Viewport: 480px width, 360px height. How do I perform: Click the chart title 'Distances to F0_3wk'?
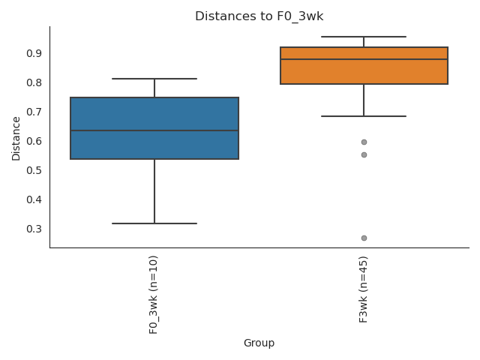coord(259,16)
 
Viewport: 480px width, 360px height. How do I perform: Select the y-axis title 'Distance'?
coord(16,137)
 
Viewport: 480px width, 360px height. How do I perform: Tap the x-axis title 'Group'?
coord(259,343)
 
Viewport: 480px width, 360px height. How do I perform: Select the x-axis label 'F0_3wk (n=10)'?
coord(154,294)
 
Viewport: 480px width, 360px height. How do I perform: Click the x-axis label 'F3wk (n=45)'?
coord(364,289)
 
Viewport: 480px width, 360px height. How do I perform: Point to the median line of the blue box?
coord(154,130)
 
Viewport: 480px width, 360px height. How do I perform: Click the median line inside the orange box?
coord(364,59)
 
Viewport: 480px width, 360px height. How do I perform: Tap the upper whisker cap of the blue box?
coord(154,79)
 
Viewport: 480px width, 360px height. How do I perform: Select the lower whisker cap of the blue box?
coord(154,223)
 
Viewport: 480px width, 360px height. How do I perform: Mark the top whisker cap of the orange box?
coord(364,37)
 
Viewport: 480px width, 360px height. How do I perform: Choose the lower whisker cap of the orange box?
coord(364,116)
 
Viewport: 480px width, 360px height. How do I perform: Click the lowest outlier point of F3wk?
coord(364,238)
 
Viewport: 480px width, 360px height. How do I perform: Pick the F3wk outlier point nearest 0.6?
coord(364,142)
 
